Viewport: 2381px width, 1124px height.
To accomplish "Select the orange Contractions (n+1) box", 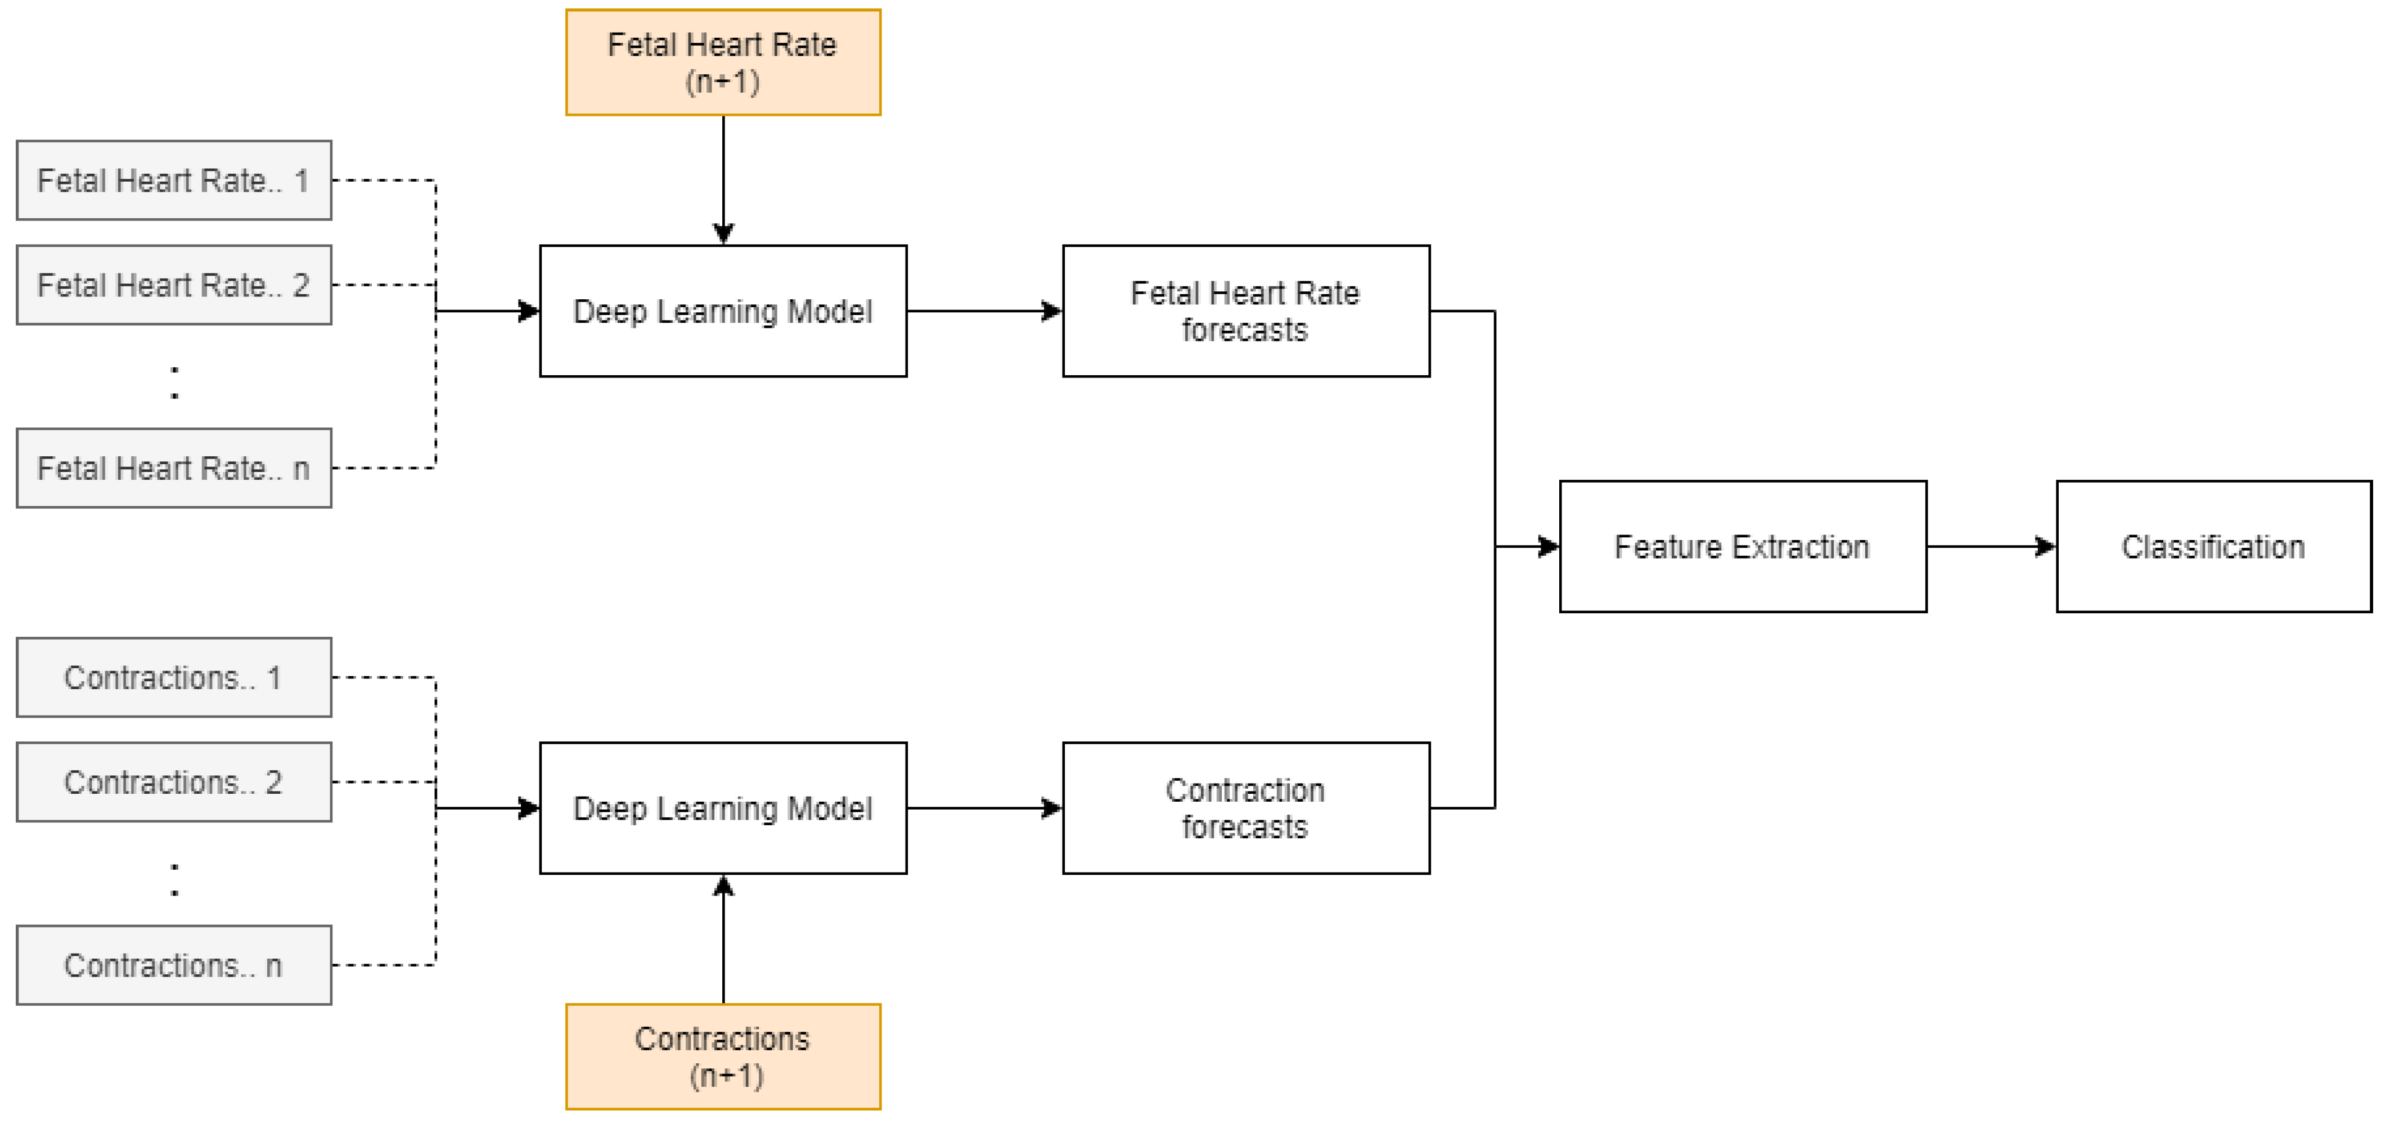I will [723, 1056].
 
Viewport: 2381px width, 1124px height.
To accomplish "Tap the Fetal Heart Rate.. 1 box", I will [174, 180].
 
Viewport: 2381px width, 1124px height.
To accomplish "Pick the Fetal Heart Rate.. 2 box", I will [174, 285].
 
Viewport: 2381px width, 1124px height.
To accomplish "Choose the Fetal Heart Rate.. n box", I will [174, 467].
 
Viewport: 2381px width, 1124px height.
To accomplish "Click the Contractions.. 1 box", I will [174, 677].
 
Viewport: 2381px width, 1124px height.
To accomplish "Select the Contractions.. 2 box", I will [174, 782].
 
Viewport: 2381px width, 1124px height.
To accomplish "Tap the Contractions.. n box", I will [174, 965].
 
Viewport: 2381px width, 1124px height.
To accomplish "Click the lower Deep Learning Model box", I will [723, 808].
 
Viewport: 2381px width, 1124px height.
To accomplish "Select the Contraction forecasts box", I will [1246, 808].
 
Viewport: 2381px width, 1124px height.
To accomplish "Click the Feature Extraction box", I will [1743, 546].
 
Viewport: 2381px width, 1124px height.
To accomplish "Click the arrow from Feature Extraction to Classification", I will [1991, 546].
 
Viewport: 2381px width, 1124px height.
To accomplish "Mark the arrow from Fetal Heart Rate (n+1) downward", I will [723, 180].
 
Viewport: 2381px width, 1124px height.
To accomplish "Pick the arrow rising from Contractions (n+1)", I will [723, 938].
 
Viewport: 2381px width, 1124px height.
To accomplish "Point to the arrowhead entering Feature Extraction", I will [1547, 546].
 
